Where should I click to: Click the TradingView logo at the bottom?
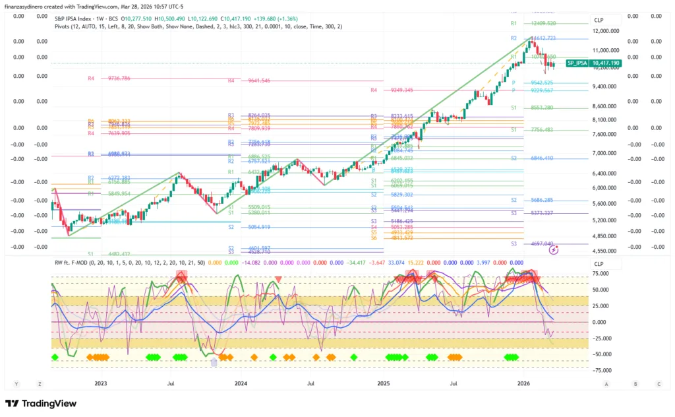pyautogui.click(x=41, y=403)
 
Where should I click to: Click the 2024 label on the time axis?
pyautogui.click(x=241, y=383)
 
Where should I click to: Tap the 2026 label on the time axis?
pyautogui.click(x=524, y=383)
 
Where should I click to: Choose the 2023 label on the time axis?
pyautogui.click(x=100, y=383)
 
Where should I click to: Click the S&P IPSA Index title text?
pyautogui.click(x=75, y=18)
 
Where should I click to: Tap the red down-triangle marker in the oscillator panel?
pyautogui.click(x=278, y=279)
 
